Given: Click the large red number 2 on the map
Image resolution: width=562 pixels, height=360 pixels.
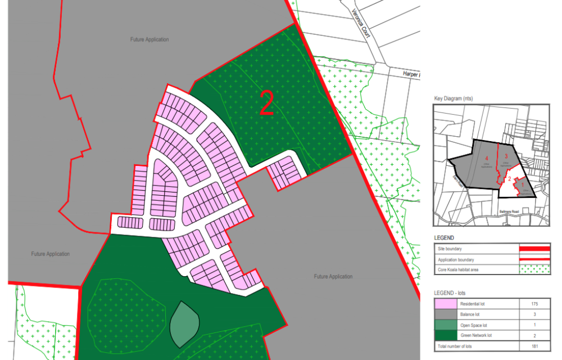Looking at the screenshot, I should point(267,102).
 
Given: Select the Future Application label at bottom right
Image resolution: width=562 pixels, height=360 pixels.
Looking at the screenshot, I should point(333,277).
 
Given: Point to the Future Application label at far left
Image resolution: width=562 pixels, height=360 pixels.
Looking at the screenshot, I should point(51,254).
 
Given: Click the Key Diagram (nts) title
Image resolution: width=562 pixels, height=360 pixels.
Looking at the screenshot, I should point(453,98).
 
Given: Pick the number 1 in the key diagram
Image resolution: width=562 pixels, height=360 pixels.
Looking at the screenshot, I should point(522,184).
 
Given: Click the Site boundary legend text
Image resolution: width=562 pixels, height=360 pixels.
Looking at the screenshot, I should point(451,248).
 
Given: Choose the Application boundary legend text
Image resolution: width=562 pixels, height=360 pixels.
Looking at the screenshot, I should point(456,259).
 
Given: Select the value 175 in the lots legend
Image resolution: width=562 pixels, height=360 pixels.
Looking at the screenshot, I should point(535,304).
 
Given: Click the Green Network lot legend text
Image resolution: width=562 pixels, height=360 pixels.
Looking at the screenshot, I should point(476,335).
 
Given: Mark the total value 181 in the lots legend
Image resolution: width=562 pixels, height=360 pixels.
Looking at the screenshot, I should point(535,346).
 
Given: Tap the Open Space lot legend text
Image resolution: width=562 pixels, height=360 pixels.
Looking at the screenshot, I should point(474,325).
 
